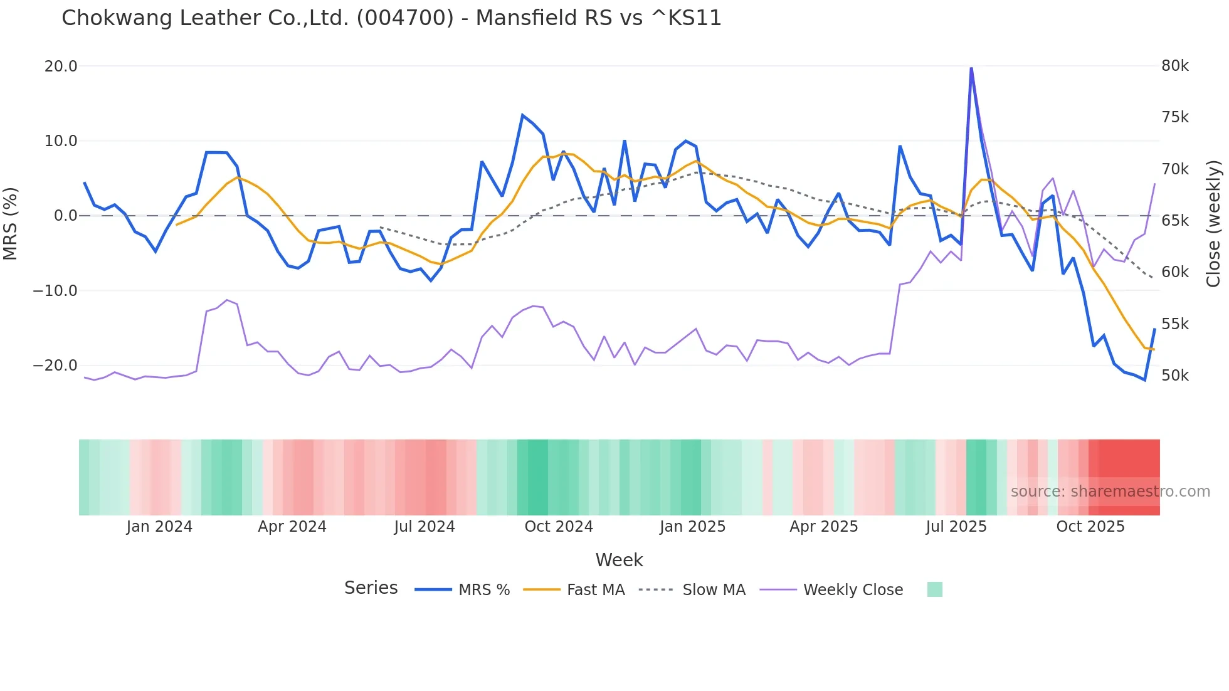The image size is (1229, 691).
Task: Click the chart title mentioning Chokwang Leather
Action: point(391,18)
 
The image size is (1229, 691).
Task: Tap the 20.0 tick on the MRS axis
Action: point(61,66)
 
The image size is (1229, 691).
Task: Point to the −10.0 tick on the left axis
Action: point(55,291)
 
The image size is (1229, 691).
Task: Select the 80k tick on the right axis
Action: point(1174,66)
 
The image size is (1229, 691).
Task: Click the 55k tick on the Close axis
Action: point(1174,324)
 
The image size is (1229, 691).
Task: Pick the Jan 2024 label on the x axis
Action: point(159,527)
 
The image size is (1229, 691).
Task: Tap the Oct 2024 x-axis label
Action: point(559,527)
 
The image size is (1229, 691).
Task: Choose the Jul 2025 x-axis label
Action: point(956,527)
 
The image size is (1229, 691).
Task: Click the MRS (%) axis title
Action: point(11,223)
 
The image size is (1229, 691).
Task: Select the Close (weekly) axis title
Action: point(1213,223)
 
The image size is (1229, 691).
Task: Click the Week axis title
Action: point(619,560)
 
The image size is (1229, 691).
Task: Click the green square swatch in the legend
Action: point(934,589)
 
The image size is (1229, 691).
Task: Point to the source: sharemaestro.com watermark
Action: point(1110,492)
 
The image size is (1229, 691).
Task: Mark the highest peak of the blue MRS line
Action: point(971,68)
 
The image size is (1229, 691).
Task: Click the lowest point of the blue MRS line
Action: point(1144,380)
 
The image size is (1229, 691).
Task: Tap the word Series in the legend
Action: point(371,588)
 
